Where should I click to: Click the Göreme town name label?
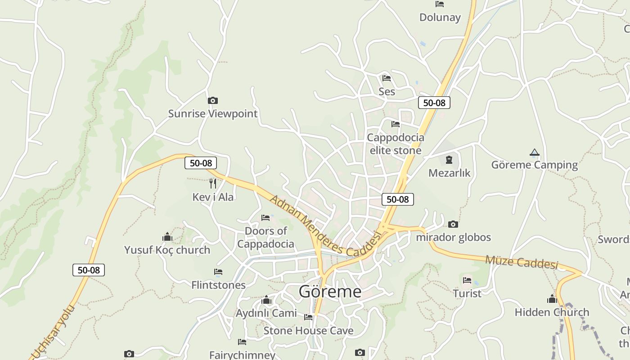pyautogui.click(x=330, y=292)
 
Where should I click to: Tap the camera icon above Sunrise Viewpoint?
pyautogui.click(x=212, y=100)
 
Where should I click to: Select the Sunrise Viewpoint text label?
pyautogui.click(x=212, y=113)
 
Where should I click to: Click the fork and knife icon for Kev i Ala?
pyautogui.click(x=213, y=183)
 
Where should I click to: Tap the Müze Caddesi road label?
pyautogui.click(x=521, y=262)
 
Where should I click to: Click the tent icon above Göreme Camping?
pyautogui.click(x=534, y=153)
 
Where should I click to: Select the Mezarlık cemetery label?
pyautogui.click(x=449, y=173)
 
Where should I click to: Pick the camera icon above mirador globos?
pyautogui.click(x=453, y=224)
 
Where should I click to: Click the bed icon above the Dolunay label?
pyautogui.click(x=440, y=4)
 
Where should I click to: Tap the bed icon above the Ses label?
pyautogui.click(x=386, y=78)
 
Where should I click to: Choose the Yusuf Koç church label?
pyautogui.click(x=167, y=250)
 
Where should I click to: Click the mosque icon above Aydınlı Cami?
pyautogui.click(x=266, y=300)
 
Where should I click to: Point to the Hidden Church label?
pyautogui.click(x=552, y=312)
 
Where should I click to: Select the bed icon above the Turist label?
pyautogui.click(x=467, y=280)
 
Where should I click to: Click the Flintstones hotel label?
pyautogui.click(x=218, y=285)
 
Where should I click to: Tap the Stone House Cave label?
pyautogui.click(x=308, y=331)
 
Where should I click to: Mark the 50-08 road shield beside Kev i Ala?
pyautogui.click(x=201, y=163)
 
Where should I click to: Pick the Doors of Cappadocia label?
pyautogui.click(x=265, y=238)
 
